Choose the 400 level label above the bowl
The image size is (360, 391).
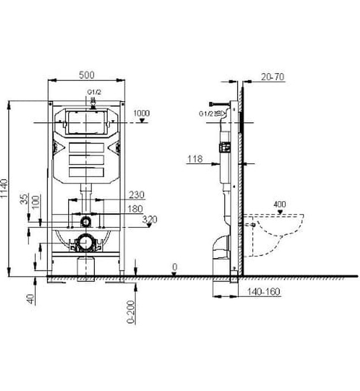[x=280, y=205]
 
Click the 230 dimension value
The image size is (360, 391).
[x=137, y=195]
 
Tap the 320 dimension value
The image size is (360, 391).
[x=150, y=220]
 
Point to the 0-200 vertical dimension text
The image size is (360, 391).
[x=130, y=313]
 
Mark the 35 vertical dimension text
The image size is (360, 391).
[x=23, y=199]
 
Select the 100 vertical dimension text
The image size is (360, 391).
[x=36, y=201]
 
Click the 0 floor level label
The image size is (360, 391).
[x=174, y=268]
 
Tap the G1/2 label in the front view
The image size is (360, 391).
[x=93, y=92]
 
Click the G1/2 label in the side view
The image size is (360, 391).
[x=207, y=113]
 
